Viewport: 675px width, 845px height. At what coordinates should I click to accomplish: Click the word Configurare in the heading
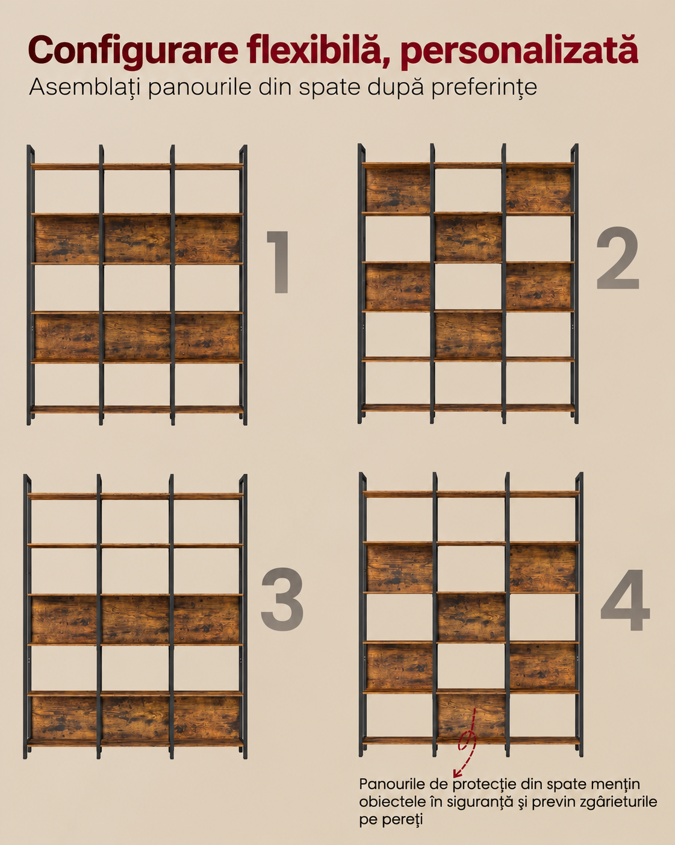pyautogui.click(x=133, y=51)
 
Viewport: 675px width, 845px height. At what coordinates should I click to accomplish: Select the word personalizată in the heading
pyautogui.click(x=519, y=51)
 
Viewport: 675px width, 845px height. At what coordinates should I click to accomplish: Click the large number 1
pyautogui.click(x=278, y=262)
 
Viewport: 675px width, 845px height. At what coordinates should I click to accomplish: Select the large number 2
pyautogui.click(x=618, y=258)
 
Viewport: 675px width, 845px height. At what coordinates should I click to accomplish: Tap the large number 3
pyautogui.click(x=282, y=600)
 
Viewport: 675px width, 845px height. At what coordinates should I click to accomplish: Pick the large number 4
pyautogui.click(x=625, y=599)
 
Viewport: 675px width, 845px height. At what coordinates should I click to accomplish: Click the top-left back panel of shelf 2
pyautogui.click(x=398, y=190)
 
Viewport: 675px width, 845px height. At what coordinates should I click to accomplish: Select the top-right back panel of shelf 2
pyautogui.click(x=538, y=190)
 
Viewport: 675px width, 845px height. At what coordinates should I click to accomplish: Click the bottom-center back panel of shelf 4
pyautogui.click(x=471, y=716)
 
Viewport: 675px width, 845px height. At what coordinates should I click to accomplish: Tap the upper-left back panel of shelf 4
pyautogui.click(x=400, y=568)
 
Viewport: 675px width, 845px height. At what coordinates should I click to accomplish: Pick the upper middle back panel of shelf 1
pyautogui.click(x=137, y=240)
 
